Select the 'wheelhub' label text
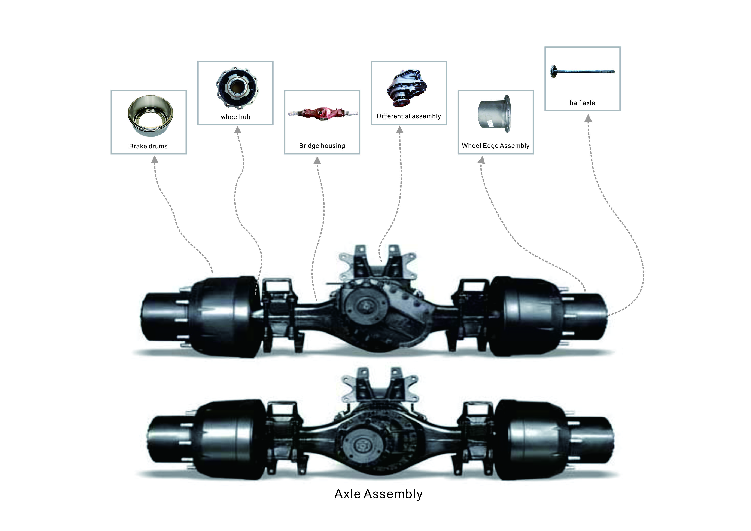[x=235, y=117]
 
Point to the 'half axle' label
[x=582, y=103]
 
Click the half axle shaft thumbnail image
[x=583, y=71]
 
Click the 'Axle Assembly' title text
[x=378, y=494]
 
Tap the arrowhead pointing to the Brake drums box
[x=155, y=160]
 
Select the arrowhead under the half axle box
[x=588, y=118]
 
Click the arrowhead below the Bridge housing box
[x=317, y=160]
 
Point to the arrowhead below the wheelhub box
[x=238, y=130]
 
